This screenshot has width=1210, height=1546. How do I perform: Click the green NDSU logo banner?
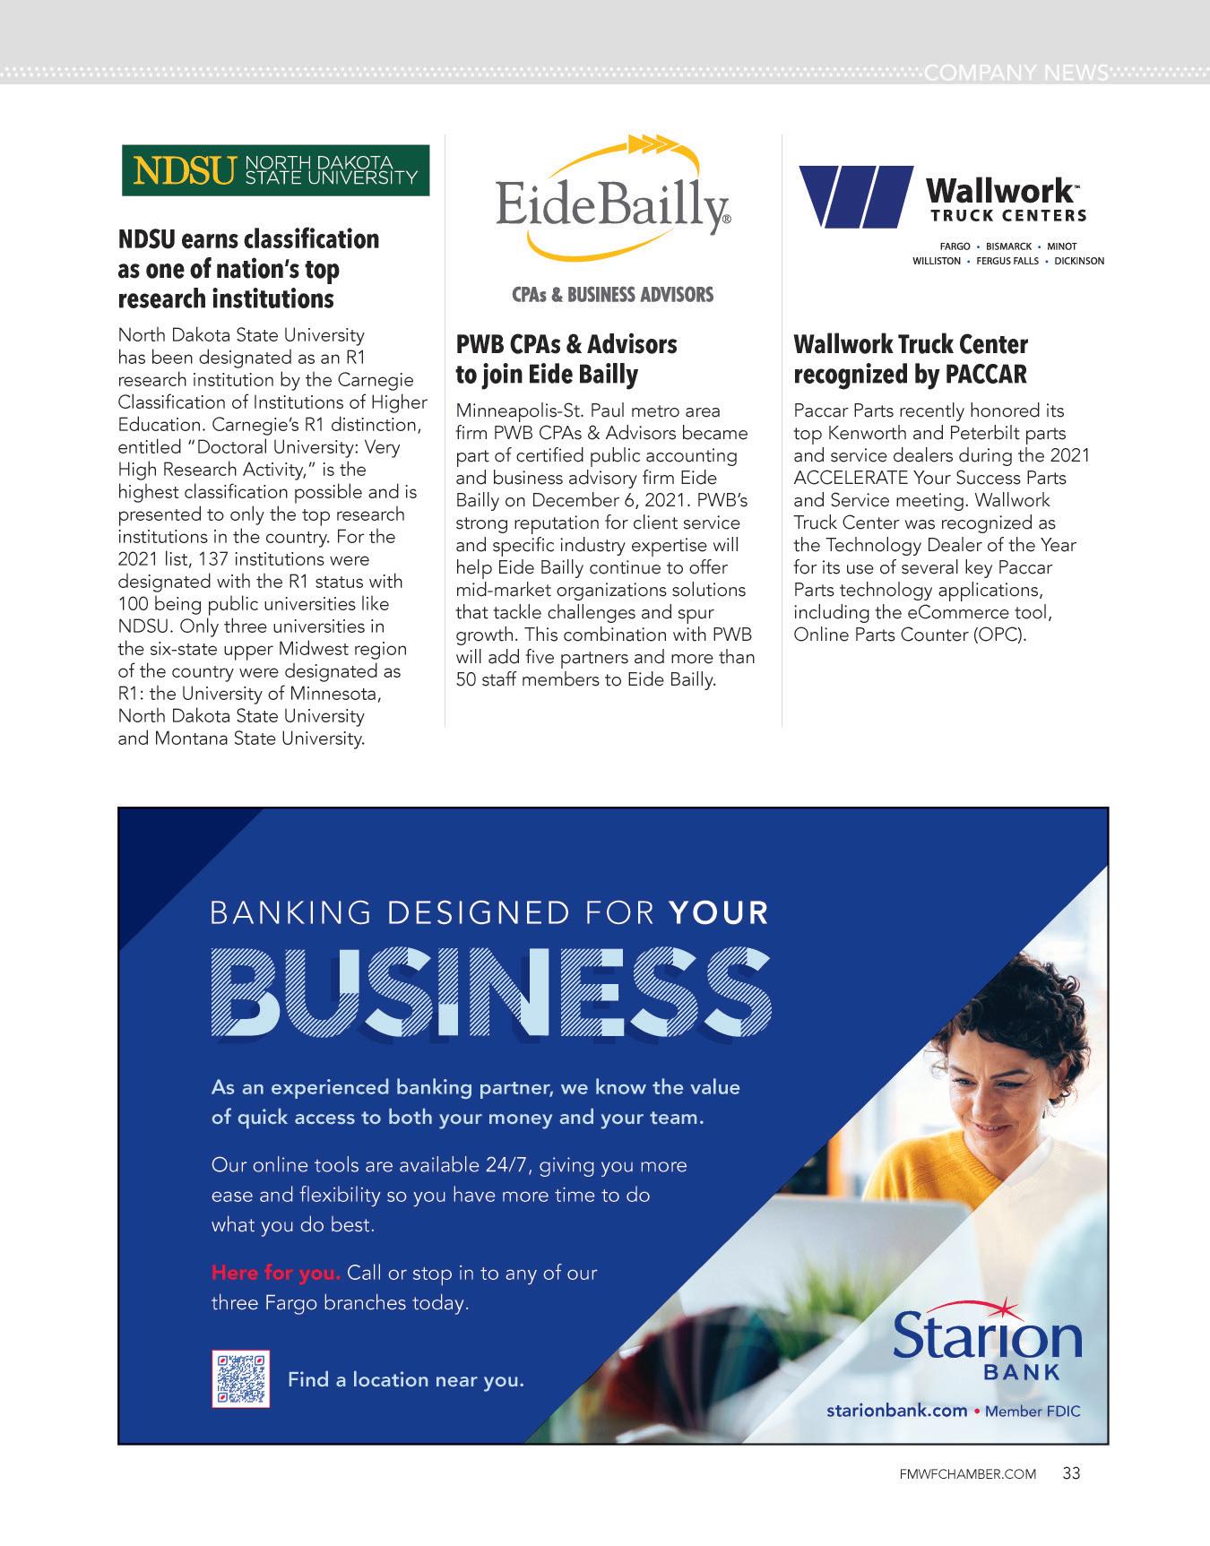point(275,170)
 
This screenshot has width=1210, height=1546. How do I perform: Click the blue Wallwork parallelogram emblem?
point(855,195)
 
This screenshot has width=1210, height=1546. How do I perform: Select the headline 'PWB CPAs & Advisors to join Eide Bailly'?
point(566,358)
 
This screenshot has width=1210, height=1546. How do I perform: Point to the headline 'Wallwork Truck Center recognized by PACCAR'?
point(911,358)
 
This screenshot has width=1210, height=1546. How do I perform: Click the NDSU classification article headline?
point(248,268)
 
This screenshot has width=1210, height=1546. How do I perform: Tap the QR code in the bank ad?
point(240,1378)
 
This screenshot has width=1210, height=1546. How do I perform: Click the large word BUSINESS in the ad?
point(491,991)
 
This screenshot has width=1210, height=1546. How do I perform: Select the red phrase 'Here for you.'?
point(276,1273)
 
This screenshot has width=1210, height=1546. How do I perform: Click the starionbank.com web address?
point(896,1411)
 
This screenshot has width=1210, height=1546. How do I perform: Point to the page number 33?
point(1071,1473)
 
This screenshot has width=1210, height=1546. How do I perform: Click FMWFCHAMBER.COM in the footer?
point(967,1474)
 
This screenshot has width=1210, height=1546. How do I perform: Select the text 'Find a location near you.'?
point(405,1379)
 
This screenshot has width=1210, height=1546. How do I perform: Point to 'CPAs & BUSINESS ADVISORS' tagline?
point(613,294)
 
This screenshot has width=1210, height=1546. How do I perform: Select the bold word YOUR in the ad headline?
point(719,912)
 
